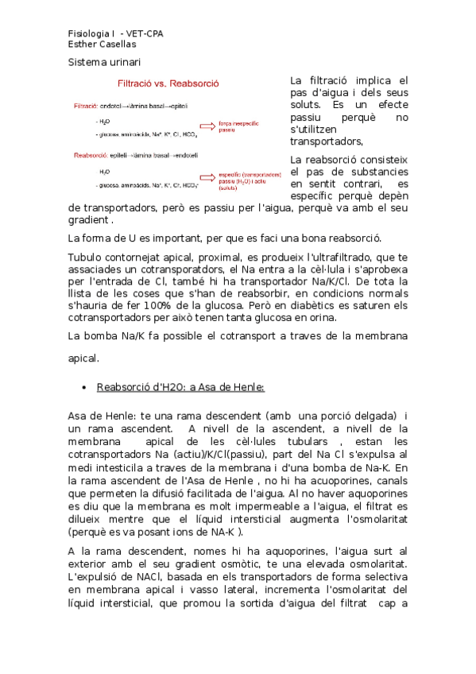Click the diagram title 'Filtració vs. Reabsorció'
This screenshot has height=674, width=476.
168,83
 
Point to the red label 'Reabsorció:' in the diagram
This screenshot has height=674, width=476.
91,156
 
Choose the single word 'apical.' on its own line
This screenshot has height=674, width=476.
83,358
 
